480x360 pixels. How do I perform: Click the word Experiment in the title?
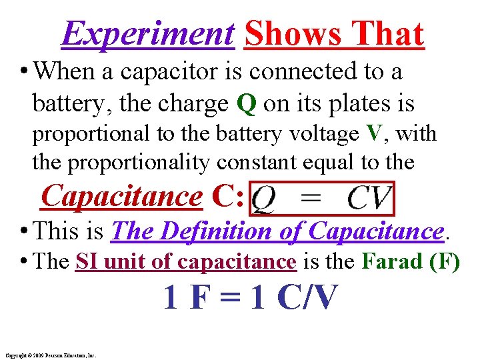click(147, 35)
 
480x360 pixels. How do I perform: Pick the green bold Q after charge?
click(245, 104)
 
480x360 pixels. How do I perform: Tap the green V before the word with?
click(375, 134)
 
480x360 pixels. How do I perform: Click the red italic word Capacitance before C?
click(121, 196)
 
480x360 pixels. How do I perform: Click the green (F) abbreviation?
click(445, 261)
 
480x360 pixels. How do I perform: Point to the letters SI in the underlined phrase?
click(86, 261)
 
